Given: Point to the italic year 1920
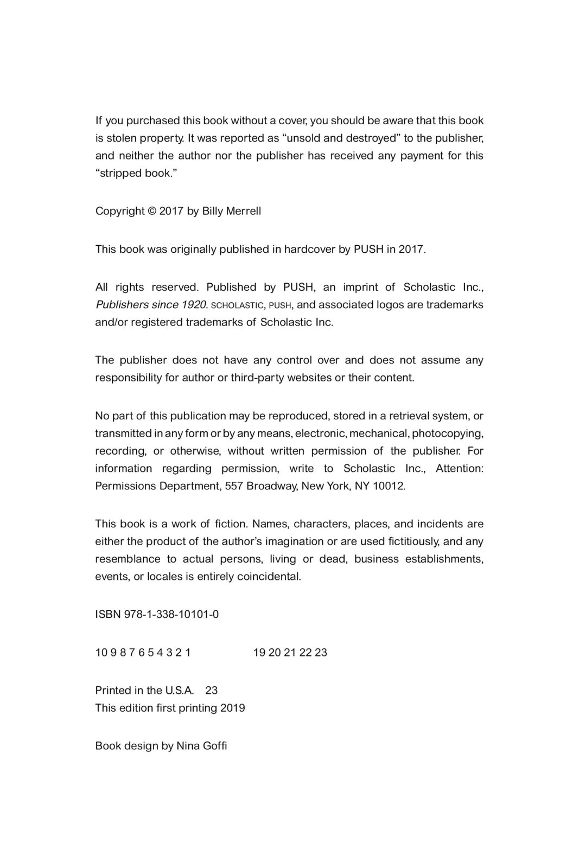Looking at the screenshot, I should pyautogui.click(x=195, y=304).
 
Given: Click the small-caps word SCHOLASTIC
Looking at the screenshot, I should pyautogui.click(x=237, y=305).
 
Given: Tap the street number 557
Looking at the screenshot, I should pyautogui.click(x=233, y=486).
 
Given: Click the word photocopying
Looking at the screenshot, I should pyautogui.click(x=448, y=433).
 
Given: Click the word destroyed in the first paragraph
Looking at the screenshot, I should pyautogui.click(x=373, y=138).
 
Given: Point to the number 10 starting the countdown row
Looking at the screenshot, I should pyautogui.click(x=101, y=653).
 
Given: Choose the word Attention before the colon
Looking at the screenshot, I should pyautogui.click(x=458, y=468).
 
